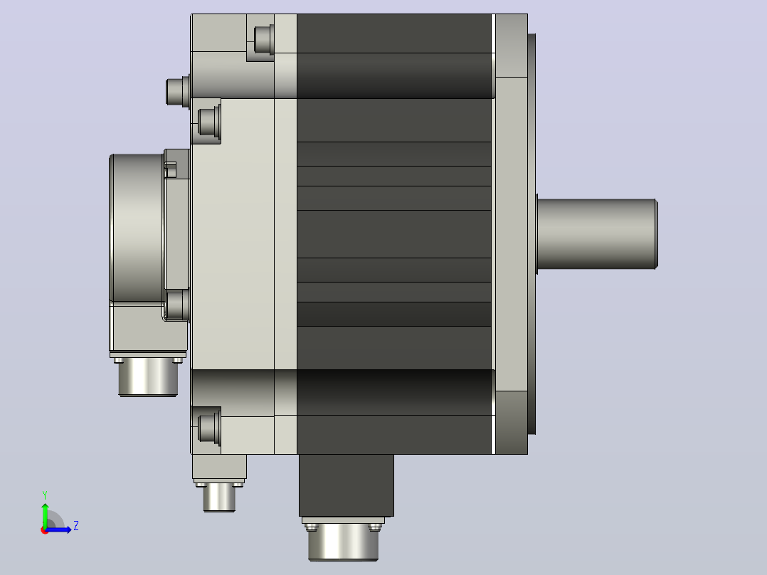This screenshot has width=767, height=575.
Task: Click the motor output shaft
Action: click(x=597, y=234)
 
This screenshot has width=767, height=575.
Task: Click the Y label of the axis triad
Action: click(x=45, y=495)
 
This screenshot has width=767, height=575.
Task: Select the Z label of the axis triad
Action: click(x=76, y=526)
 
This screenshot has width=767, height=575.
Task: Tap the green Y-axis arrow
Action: click(x=45, y=515)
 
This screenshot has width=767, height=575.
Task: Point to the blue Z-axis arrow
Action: click(x=58, y=529)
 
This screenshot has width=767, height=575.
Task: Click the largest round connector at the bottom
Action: click(x=344, y=542)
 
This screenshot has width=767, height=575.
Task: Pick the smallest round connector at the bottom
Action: click(x=219, y=497)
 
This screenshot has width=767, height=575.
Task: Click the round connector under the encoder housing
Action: click(x=148, y=376)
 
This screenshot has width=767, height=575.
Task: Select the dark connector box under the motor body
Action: click(x=347, y=485)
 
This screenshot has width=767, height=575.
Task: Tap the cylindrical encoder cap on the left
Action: click(x=137, y=228)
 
